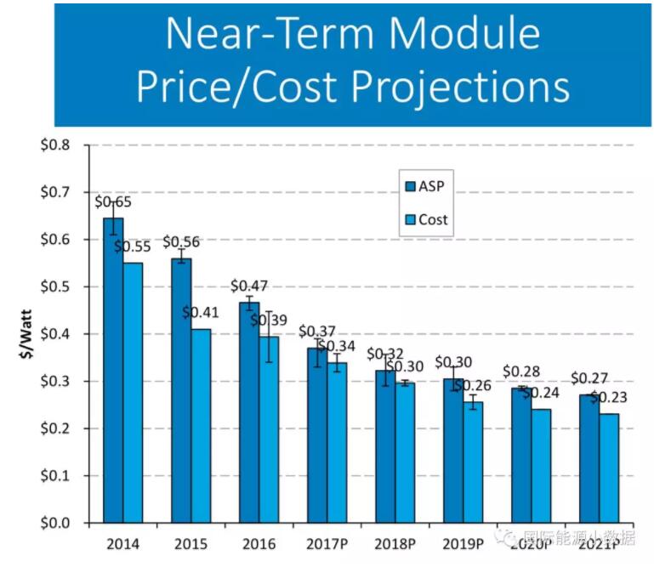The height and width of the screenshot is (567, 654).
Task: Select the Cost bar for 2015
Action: [201, 425]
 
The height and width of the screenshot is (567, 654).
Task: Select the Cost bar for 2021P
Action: [610, 468]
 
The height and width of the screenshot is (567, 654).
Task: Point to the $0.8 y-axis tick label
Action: [57, 145]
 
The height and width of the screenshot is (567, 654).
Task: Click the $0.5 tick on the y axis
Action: [57, 287]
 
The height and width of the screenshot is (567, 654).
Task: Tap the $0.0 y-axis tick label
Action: [57, 523]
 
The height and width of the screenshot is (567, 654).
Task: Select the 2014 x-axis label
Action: [123, 543]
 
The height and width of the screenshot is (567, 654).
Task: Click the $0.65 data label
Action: [113, 202]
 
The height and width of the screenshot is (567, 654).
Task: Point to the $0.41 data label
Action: [201, 312]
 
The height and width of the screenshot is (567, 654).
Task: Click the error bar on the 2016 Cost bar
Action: [269, 337]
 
